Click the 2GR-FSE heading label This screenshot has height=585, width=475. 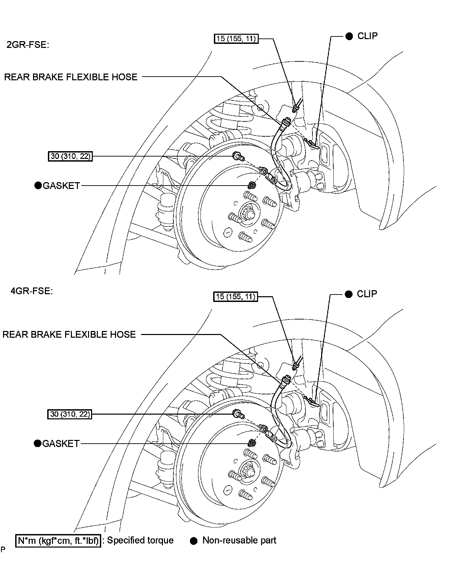pos(28,45)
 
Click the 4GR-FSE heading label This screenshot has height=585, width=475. pos(31,291)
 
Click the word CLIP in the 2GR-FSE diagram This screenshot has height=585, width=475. pos(367,36)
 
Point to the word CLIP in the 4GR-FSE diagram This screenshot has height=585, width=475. pos(367,294)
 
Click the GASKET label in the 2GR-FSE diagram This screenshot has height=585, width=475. pos(61,186)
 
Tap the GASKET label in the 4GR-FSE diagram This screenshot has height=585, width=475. pos(61,443)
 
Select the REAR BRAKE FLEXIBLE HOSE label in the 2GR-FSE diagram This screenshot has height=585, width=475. pos(71,77)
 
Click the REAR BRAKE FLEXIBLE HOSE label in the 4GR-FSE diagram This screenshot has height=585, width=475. pos(69,334)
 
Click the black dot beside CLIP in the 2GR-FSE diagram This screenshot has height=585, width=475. pos(349,36)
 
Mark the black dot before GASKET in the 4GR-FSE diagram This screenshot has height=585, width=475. pos(37,443)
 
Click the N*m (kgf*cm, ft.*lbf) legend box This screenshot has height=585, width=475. pos(58,540)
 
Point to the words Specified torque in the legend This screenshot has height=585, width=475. pos(140,540)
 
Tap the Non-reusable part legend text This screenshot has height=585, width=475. pos(239,540)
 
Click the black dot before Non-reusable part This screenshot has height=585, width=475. pos(194,541)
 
